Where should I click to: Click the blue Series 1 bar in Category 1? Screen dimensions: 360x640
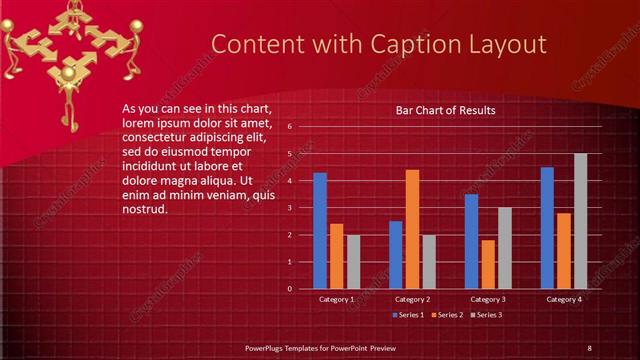[320, 231]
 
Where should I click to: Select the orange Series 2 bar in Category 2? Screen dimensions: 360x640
[412, 229]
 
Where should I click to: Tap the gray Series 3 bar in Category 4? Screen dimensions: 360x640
[580, 221]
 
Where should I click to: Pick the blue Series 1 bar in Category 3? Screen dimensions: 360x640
[472, 241]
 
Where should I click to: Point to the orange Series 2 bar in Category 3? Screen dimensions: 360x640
[488, 264]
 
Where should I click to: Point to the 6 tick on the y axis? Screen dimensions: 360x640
[290, 127]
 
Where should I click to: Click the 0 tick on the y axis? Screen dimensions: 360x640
[290, 289]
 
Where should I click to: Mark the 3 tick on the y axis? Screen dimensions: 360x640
[290, 208]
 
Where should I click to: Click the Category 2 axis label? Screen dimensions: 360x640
[412, 299]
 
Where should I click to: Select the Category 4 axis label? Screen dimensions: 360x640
[563, 299]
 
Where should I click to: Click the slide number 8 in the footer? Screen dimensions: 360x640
[589, 347]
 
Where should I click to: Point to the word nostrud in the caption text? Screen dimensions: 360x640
[143, 209]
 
